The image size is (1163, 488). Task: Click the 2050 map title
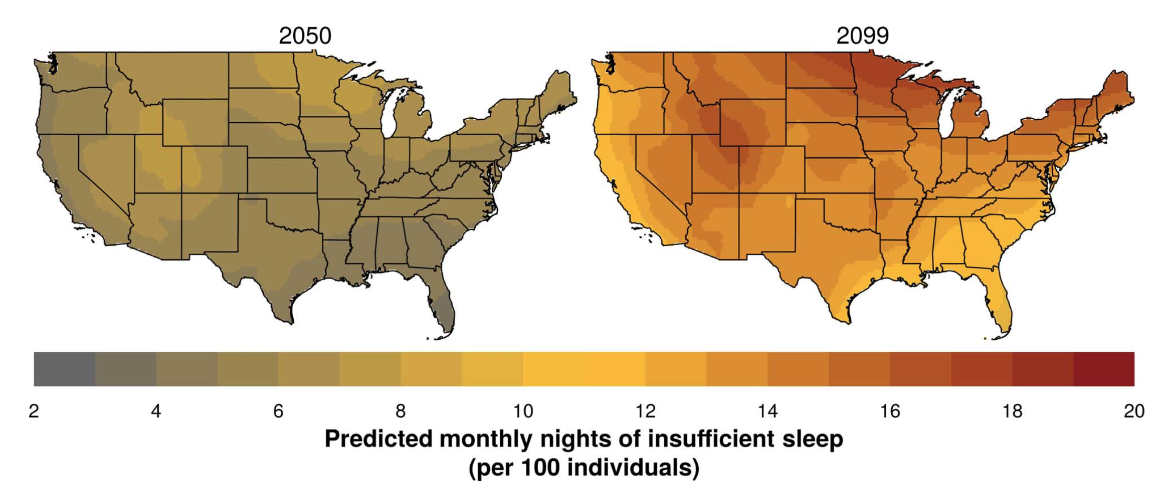(305, 36)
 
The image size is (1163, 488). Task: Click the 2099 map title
(862, 36)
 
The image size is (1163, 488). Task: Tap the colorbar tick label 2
(34, 411)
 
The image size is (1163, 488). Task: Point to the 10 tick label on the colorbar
(523, 411)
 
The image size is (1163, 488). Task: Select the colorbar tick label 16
(890, 411)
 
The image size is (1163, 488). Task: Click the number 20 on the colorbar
(1134, 411)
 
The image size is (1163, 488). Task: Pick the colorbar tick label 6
(278, 411)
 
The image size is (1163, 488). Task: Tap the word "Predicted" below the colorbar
(378, 439)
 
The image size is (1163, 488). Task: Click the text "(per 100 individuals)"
(584, 467)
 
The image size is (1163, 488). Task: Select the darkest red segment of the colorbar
(1104, 369)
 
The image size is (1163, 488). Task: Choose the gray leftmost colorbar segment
(64, 369)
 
